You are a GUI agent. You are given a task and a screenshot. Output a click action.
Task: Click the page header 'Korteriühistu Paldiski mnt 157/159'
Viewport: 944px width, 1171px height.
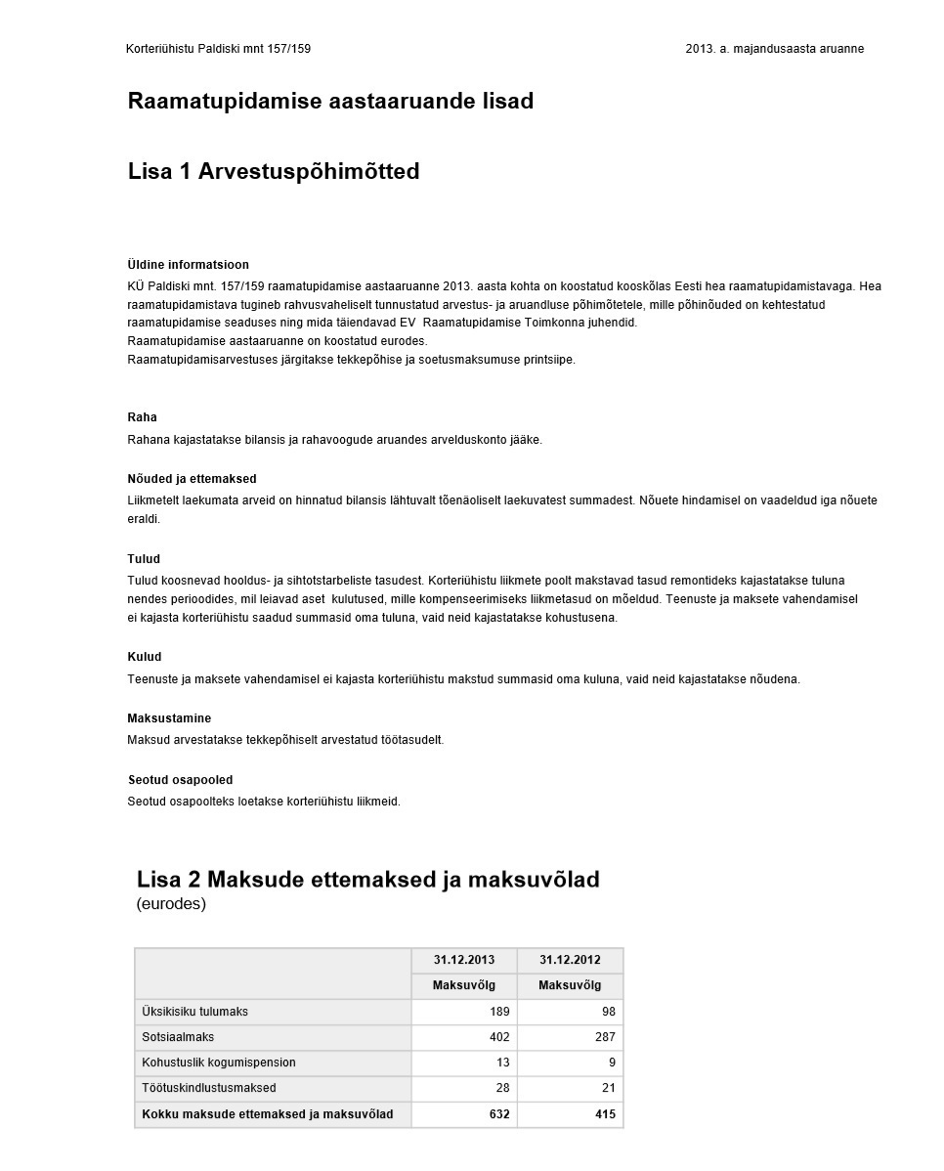click(x=218, y=49)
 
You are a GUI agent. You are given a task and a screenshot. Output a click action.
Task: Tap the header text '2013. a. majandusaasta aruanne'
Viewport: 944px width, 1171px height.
click(x=774, y=49)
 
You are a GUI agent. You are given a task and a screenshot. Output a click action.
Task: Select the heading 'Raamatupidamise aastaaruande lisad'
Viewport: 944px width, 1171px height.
click(x=330, y=102)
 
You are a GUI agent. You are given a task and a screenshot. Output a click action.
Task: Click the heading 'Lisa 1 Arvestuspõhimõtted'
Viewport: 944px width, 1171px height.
click(x=274, y=172)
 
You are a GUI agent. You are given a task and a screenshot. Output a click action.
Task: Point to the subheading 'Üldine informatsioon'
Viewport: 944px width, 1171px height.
click(x=188, y=265)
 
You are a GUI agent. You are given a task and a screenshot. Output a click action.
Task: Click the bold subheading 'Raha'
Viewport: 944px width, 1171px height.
click(x=142, y=417)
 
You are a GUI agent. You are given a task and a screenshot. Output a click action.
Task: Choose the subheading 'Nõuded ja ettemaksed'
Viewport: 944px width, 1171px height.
click(x=192, y=479)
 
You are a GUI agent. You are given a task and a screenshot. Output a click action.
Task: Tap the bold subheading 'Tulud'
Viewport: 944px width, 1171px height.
click(x=144, y=559)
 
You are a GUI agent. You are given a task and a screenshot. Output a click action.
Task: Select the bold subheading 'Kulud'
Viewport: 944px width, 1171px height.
click(x=145, y=657)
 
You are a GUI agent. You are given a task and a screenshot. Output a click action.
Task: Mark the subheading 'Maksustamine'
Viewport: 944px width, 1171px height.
click(x=169, y=718)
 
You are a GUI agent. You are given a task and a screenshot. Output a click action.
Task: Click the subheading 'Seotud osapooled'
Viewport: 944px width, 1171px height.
click(x=180, y=780)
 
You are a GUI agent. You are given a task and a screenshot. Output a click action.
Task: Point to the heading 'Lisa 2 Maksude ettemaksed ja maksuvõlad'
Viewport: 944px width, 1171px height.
click(x=367, y=880)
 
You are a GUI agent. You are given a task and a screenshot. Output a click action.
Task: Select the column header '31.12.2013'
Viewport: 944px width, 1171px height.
click(x=464, y=960)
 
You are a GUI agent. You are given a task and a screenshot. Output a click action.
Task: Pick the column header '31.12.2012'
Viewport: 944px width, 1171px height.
click(x=570, y=960)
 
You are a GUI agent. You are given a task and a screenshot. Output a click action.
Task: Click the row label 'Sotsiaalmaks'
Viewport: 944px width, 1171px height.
click(x=178, y=1037)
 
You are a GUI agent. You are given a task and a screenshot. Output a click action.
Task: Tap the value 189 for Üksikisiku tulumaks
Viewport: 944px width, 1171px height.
click(x=499, y=1012)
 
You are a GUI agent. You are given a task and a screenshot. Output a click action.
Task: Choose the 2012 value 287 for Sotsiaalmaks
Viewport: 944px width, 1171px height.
click(x=605, y=1037)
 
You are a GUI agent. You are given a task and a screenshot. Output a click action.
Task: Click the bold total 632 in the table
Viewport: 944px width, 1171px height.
click(x=499, y=1114)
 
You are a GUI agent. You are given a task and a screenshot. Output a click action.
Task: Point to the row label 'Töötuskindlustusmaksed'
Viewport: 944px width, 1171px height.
click(x=209, y=1088)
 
